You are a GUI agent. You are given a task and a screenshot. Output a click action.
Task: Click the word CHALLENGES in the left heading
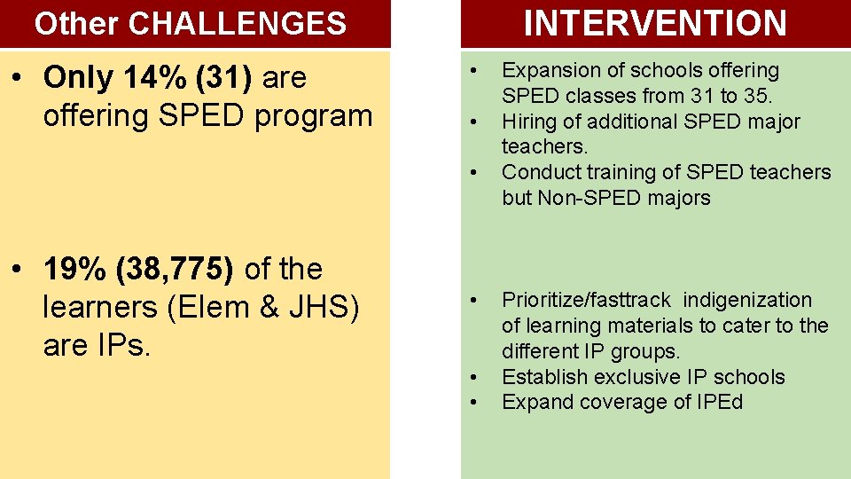[x=237, y=24]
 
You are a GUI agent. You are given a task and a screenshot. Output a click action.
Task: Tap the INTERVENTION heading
[x=655, y=23]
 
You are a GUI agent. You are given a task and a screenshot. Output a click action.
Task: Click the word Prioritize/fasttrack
[x=587, y=301]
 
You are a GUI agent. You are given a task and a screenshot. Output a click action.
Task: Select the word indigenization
[x=747, y=301]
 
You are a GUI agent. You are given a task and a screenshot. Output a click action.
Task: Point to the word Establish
[x=540, y=377]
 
